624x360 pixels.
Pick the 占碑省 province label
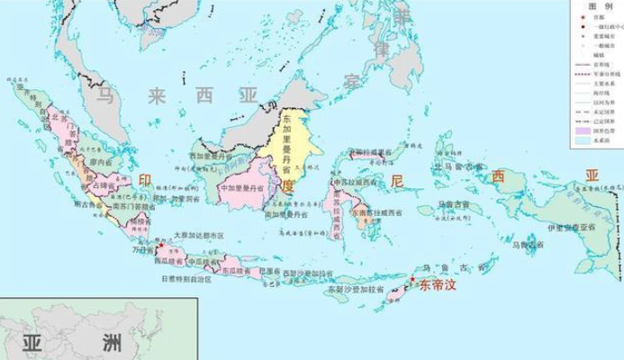click(x=106, y=184)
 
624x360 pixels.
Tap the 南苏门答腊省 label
click(x=133, y=205)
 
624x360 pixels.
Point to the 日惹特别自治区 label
click(x=186, y=279)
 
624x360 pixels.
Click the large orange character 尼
click(x=397, y=181)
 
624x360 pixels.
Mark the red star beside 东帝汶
click(x=412, y=280)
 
